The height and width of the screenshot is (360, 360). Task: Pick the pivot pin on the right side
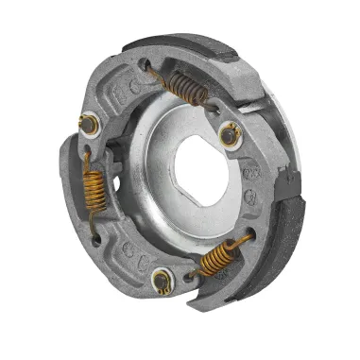(x=230, y=135)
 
